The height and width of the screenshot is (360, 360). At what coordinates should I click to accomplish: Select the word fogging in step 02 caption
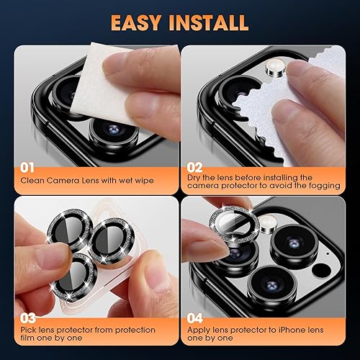(x=322, y=186)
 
